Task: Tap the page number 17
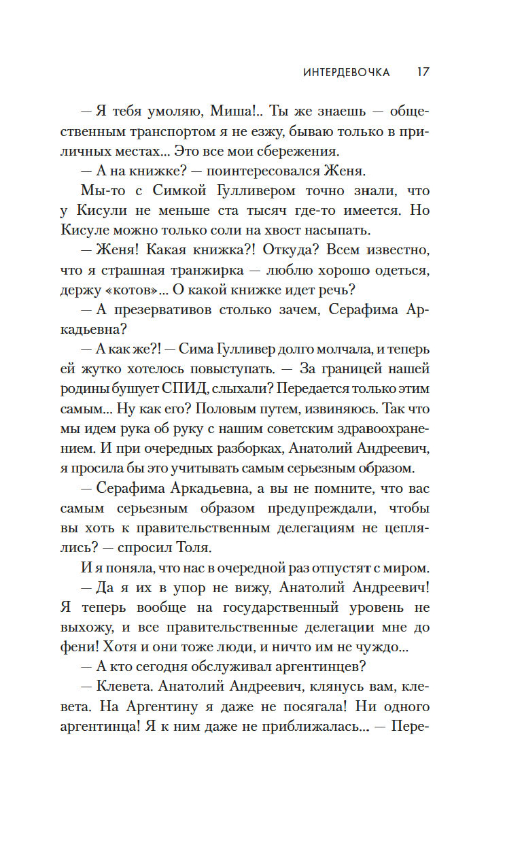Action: [x=422, y=72]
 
